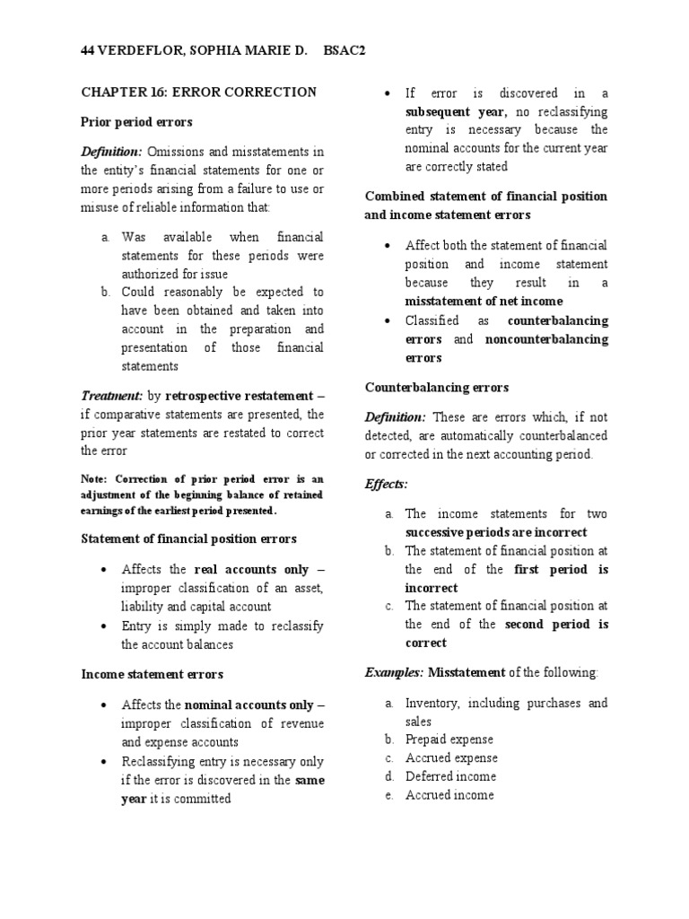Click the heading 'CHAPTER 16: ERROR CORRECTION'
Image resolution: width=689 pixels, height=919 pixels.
pyautogui.click(x=198, y=92)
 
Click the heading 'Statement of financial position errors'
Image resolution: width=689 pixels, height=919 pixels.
pyautogui.click(x=188, y=538)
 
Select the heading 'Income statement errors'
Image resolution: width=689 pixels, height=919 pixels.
pyautogui.click(x=153, y=673)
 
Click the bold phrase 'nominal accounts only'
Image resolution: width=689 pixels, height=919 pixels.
pyautogui.click(x=249, y=705)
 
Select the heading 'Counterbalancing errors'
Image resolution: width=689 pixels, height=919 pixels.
pyautogui.click(x=437, y=387)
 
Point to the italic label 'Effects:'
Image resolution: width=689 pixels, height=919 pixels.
pyautogui.click(x=386, y=484)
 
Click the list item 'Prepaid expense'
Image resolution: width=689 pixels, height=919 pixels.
pyautogui.click(x=449, y=740)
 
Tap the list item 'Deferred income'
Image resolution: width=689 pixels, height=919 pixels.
pyautogui.click(x=450, y=776)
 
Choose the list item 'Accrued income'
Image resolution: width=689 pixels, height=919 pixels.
pyautogui.click(x=449, y=794)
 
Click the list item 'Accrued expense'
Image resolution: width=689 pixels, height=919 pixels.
pyautogui.click(x=450, y=758)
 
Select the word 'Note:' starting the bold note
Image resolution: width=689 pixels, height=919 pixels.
pyautogui.click(x=95, y=479)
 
